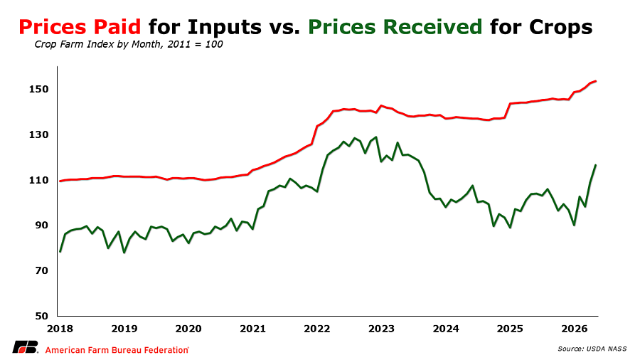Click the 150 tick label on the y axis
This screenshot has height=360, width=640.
(38, 89)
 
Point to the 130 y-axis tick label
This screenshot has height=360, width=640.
(38, 134)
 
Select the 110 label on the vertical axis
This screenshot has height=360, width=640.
(38, 180)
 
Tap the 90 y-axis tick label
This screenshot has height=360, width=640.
(41, 226)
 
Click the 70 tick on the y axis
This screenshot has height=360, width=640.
(41, 270)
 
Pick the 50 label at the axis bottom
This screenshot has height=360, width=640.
(41, 316)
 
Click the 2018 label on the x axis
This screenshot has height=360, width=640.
(60, 329)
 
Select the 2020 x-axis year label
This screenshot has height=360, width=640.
(188, 329)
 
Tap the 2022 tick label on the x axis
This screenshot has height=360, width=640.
(317, 329)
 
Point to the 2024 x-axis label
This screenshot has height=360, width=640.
(446, 329)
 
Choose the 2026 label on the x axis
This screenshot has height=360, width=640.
(575, 329)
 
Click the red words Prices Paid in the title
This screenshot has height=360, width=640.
(80, 27)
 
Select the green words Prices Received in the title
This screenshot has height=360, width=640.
(395, 27)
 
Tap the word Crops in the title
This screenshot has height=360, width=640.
(561, 28)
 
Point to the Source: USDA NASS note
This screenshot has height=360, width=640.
(592, 349)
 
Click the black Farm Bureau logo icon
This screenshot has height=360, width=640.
(26, 347)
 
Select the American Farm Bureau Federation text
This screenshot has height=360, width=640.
(117, 350)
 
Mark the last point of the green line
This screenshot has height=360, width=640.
(595, 165)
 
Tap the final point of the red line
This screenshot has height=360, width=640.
(596, 81)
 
